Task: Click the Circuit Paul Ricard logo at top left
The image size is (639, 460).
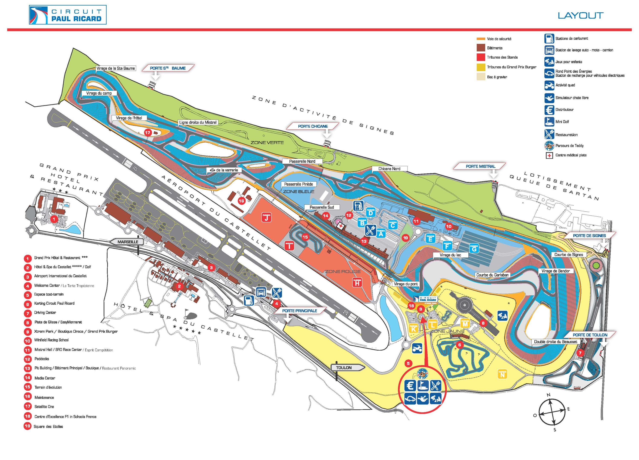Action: click(x=68, y=15)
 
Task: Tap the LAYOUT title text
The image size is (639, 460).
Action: click(x=580, y=16)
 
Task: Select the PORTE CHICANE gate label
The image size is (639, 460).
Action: click(x=313, y=126)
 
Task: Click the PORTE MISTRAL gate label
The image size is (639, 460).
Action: click(x=480, y=166)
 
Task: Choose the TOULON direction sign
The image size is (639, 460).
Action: click(x=344, y=368)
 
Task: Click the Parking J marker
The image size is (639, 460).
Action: click(x=266, y=217)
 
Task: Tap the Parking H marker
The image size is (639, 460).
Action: click(x=357, y=282)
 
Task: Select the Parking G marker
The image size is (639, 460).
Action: click(x=474, y=248)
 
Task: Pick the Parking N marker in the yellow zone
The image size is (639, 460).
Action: click(x=502, y=374)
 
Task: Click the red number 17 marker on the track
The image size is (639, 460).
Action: click(x=148, y=133)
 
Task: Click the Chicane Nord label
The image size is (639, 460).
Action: click(x=389, y=169)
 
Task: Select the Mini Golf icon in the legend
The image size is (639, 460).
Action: click(x=549, y=122)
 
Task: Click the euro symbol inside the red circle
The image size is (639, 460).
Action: click(x=410, y=386)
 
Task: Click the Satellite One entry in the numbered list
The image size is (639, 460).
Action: click(x=44, y=407)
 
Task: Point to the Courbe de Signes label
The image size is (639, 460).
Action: click(x=568, y=255)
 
